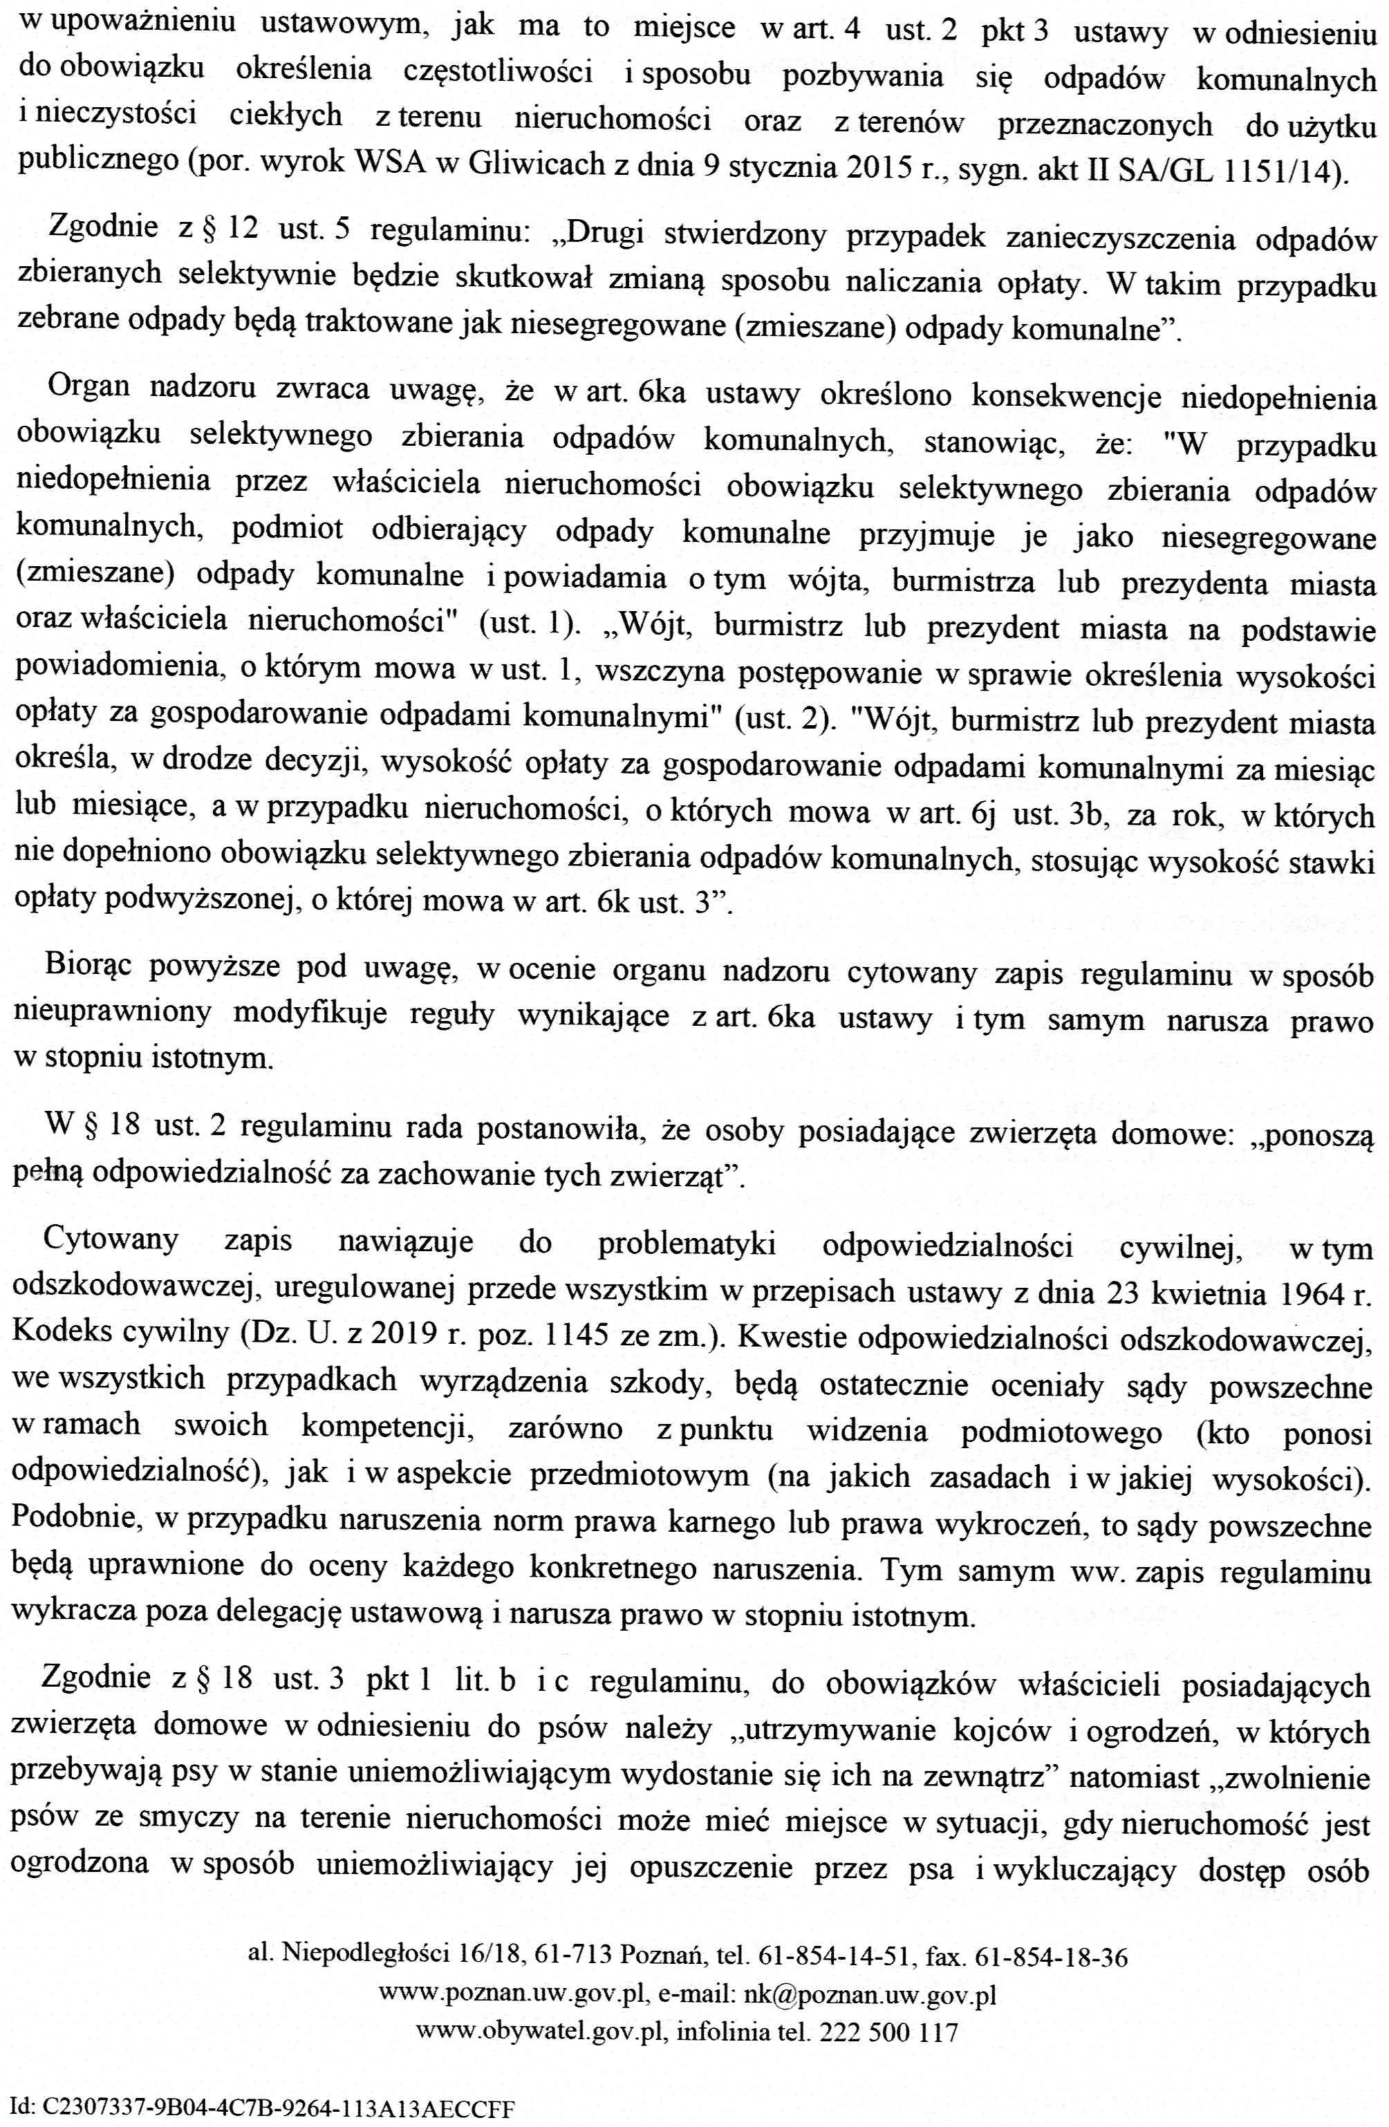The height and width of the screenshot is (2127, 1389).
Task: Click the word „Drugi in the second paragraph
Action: click(604, 235)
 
